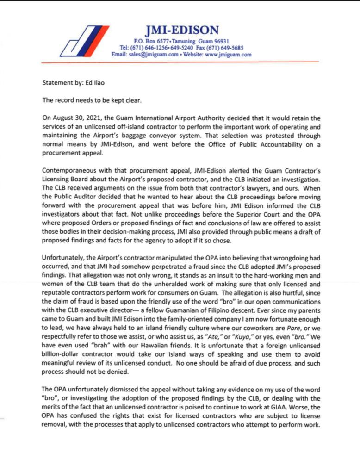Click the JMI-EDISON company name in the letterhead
coord(182,31)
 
